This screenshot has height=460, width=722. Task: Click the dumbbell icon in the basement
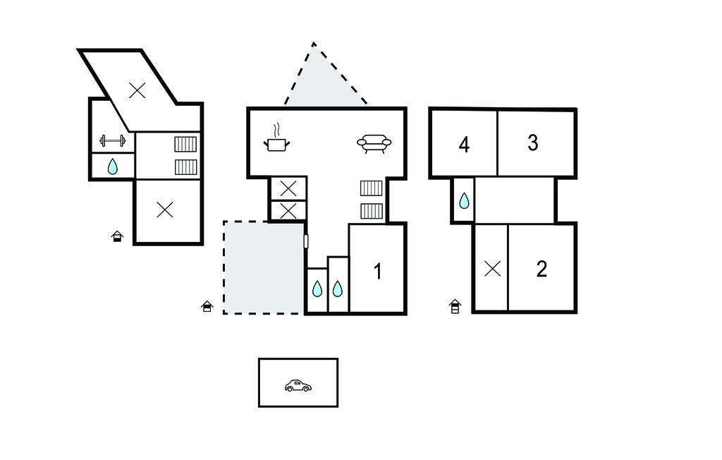(113, 140)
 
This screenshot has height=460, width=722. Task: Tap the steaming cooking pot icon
(276, 138)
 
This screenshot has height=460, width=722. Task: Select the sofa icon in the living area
(374, 143)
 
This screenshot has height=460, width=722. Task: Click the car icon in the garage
(298, 386)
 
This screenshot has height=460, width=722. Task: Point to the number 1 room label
(378, 272)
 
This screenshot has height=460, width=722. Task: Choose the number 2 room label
(541, 270)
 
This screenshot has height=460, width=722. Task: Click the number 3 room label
(533, 143)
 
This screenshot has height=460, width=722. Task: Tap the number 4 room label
(464, 145)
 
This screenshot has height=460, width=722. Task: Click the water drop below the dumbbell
(113, 167)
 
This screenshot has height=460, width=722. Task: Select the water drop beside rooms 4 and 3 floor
(464, 200)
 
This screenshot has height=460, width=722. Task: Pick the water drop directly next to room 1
(338, 289)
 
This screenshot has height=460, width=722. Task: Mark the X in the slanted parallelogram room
(137, 90)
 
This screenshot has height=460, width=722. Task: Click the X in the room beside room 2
(492, 269)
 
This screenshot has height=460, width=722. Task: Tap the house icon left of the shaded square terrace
(207, 306)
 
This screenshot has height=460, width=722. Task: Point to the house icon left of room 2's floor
(455, 306)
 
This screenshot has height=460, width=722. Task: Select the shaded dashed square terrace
(263, 268)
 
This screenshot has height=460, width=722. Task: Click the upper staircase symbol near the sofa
(371, 188)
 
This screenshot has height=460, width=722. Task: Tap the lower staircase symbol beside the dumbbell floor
(186, 167)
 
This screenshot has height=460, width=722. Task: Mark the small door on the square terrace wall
(306, 241)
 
